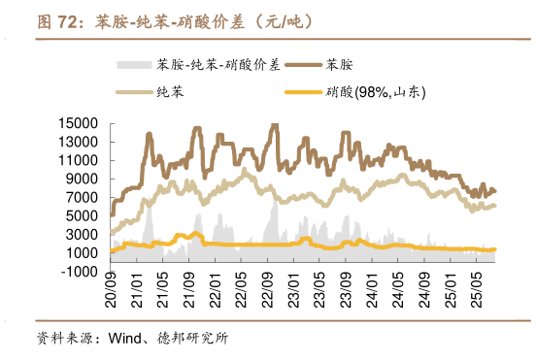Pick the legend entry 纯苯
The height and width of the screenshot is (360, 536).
pyautogui.click(x=170, y=92)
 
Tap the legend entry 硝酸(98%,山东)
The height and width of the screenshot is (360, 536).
pyautogui.click(x=377, y=92)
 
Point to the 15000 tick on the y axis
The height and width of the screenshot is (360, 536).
pyautogui.click(x=78, y=123)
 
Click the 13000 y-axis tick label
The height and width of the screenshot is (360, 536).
pyautogui.click(x=78, y=142)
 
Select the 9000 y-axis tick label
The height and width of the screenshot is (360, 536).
pyautogui.click(x=82, y=180)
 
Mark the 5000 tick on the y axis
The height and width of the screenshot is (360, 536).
pyautogui.click(x=82, y=216)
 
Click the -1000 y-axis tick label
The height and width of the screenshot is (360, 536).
pyautogui.click(x=80, y=272)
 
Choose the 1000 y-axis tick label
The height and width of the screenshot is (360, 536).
pyautogui.click(x=82, y=253)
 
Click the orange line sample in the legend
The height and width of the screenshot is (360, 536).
pyautogui.click(x=303, y=93)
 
